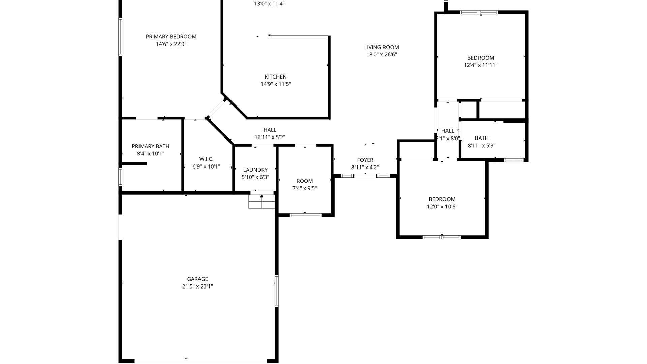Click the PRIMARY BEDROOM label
coord(171,37)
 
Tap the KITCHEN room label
coord(276,77)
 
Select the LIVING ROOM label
coord(381,47)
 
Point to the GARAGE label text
coord(197,279)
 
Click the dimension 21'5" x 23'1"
coord(197,286)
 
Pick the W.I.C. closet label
coord(206,159)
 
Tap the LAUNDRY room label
coord(255,170)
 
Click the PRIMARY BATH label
coord(151,146)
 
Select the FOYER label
coord(365,160)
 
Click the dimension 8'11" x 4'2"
coord(365,168)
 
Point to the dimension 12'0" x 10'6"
coord(442,207)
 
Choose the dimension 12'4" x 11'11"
coord(481,65)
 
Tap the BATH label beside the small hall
coord(482,138)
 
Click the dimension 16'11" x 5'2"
coord(270,138)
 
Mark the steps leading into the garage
coord(261,201)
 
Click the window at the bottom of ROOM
coord(306,215)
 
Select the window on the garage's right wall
coord(276,291)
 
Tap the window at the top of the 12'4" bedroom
coord(479,12)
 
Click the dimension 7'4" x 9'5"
coord(305,188)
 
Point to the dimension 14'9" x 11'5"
coord(276,84)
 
